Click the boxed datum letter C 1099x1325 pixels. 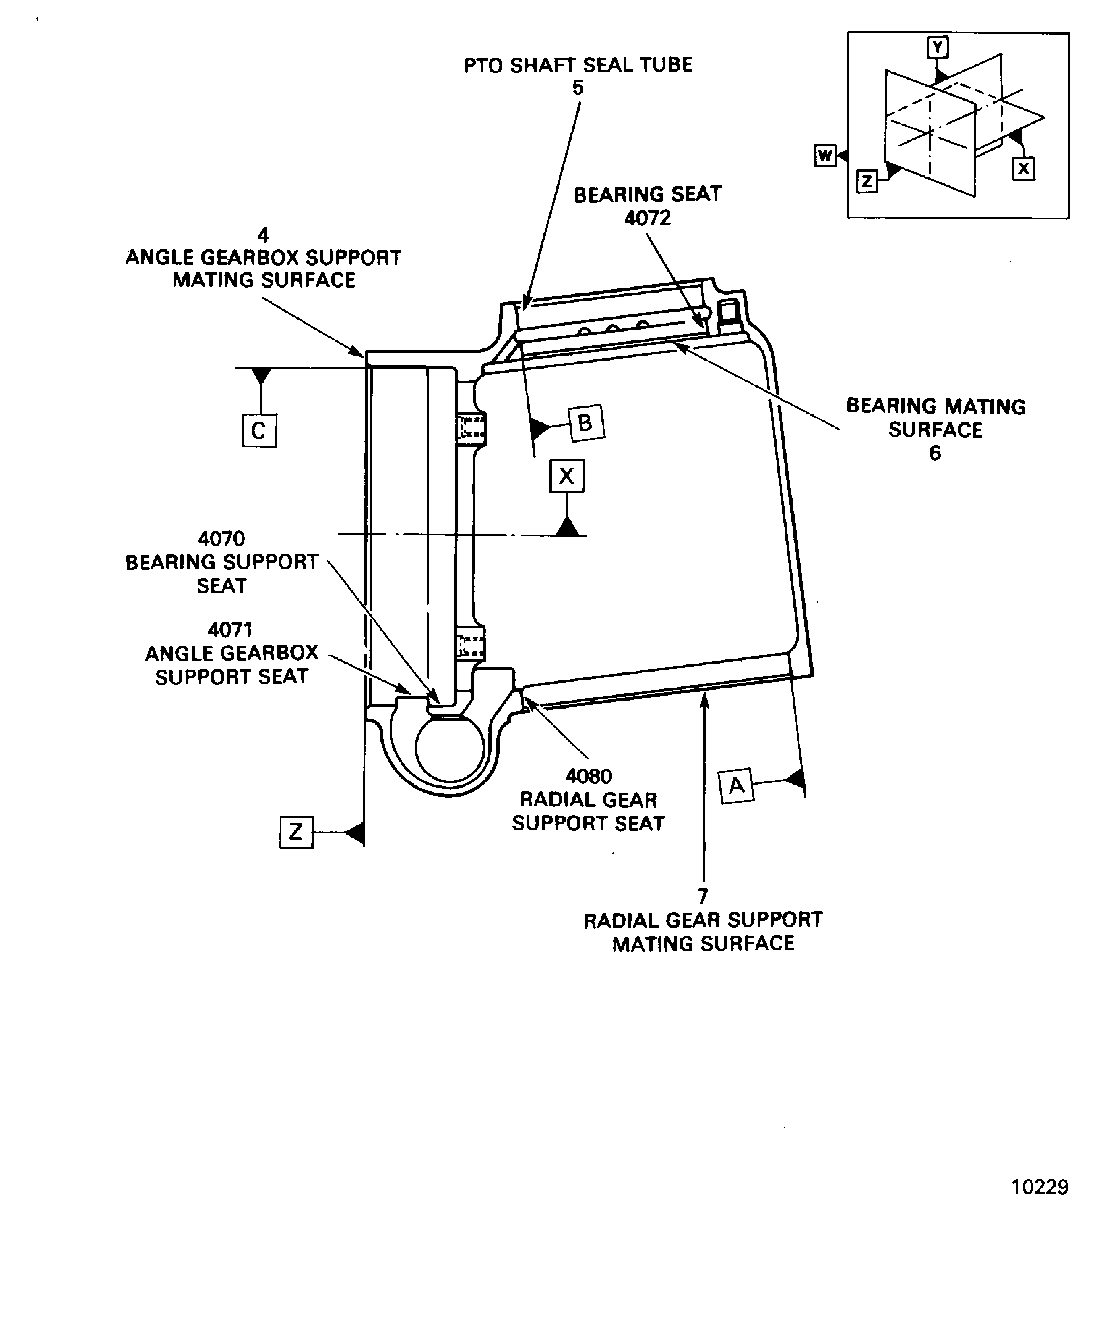[259, 431]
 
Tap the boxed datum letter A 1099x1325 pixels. [736, 785]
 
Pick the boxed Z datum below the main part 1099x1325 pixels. [296, 832]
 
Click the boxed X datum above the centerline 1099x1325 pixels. [566, 476]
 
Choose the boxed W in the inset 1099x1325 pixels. [825, 155]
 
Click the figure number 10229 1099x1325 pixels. [1039, 1187]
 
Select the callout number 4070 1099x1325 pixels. [221, 538]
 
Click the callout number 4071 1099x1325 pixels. [230, 629]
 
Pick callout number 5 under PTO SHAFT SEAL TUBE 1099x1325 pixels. [578, 88]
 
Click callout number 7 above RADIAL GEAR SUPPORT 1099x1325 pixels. [702, 896]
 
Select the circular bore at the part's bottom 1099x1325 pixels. [449, 749]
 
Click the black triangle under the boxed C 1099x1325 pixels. [261, 376]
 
